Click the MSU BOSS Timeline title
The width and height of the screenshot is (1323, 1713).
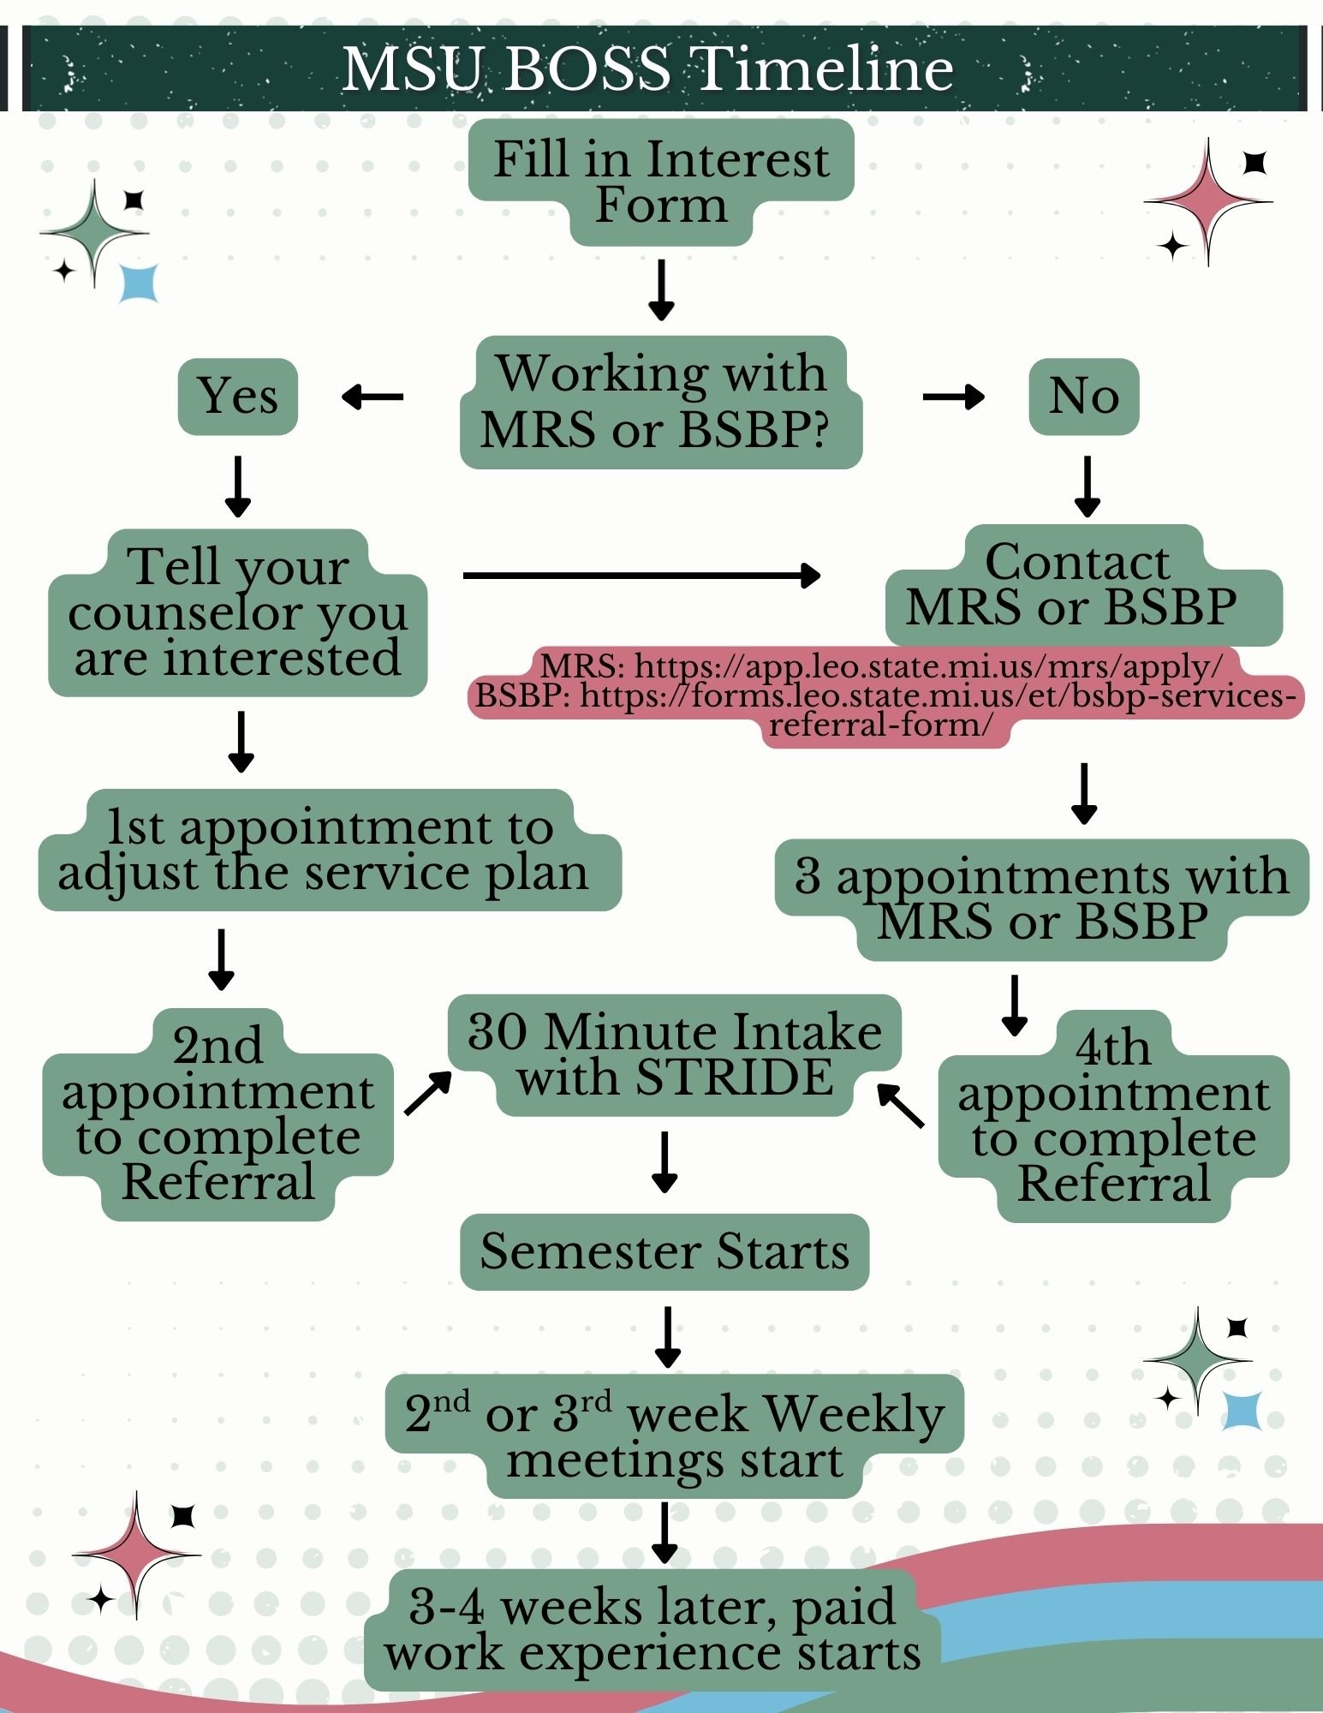click(x=647, y=69)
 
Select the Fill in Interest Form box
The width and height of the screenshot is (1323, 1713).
click(x=661, y=182)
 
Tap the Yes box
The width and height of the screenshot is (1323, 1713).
click(x=238, y=396)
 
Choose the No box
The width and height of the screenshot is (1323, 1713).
click(x=1084, y=396)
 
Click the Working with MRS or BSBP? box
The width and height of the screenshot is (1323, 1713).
click(x=661, y=401)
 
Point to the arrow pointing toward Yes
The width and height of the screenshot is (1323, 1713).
click(x=372, y=397)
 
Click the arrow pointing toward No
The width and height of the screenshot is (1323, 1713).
click(x=953, y=397)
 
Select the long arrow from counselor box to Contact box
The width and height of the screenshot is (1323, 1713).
click(x=641, y=576)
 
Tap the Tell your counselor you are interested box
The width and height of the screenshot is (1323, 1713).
click(x=237, y=612)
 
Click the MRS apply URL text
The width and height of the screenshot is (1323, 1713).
click(x=882, y=666)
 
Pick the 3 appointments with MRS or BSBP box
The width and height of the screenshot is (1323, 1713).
click(x=1041, y=899)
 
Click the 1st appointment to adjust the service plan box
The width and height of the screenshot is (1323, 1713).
click(x=329, y=850)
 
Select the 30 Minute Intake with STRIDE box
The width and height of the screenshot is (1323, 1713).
click(x=675, y=1054)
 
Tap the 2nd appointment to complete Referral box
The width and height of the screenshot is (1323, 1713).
click(x=218, y=1113)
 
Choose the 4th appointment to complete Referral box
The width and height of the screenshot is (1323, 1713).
click(x=1113, y=1116)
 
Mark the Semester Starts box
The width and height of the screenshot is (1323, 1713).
click(x=664, y=1251)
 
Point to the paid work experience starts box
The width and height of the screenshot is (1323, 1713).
click(x=653, y=1630)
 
